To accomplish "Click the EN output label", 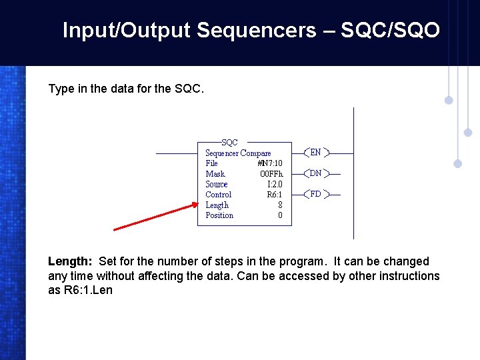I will [315, 153].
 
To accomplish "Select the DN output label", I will [315, 173].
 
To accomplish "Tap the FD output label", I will [315, 195].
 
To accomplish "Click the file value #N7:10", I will [269, 163].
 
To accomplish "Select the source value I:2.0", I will [274, 185].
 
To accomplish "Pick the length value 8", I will [280, 205].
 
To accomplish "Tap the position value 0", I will [280, 215].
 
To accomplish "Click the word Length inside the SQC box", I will [217, 205].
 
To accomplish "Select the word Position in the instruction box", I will [219, 215].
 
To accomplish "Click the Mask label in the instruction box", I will [215, 174].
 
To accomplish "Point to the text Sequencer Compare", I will [238, 153].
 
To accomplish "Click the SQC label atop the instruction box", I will [229, 142].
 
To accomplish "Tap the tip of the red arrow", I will [197, 205].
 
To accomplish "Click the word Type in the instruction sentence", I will [61, 89].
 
